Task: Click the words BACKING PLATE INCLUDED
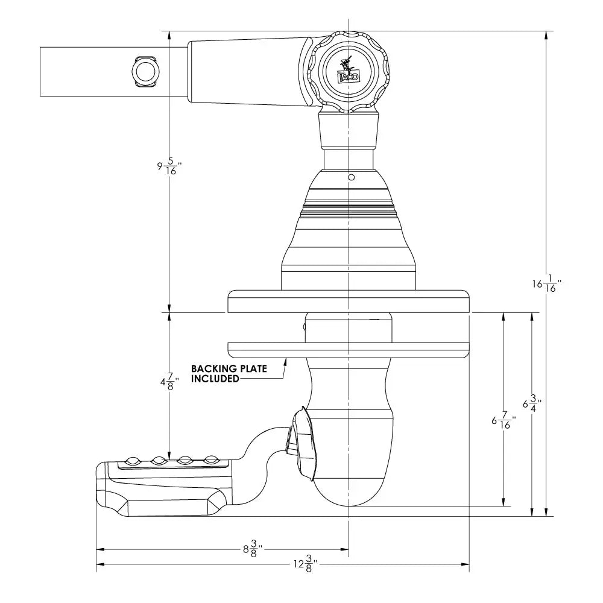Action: pyautogui.click(x=229, y=373)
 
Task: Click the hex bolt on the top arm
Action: pyautogui.click(x=145, y=72)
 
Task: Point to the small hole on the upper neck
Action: pyautogui.click(x=350, y=177)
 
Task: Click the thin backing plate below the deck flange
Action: pyautogui.click(x=348, y=349)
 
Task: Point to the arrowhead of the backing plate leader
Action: pyautogui.click(x=286, y=360)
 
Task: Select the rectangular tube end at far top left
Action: pyautogui.click(x=66, y=72)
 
